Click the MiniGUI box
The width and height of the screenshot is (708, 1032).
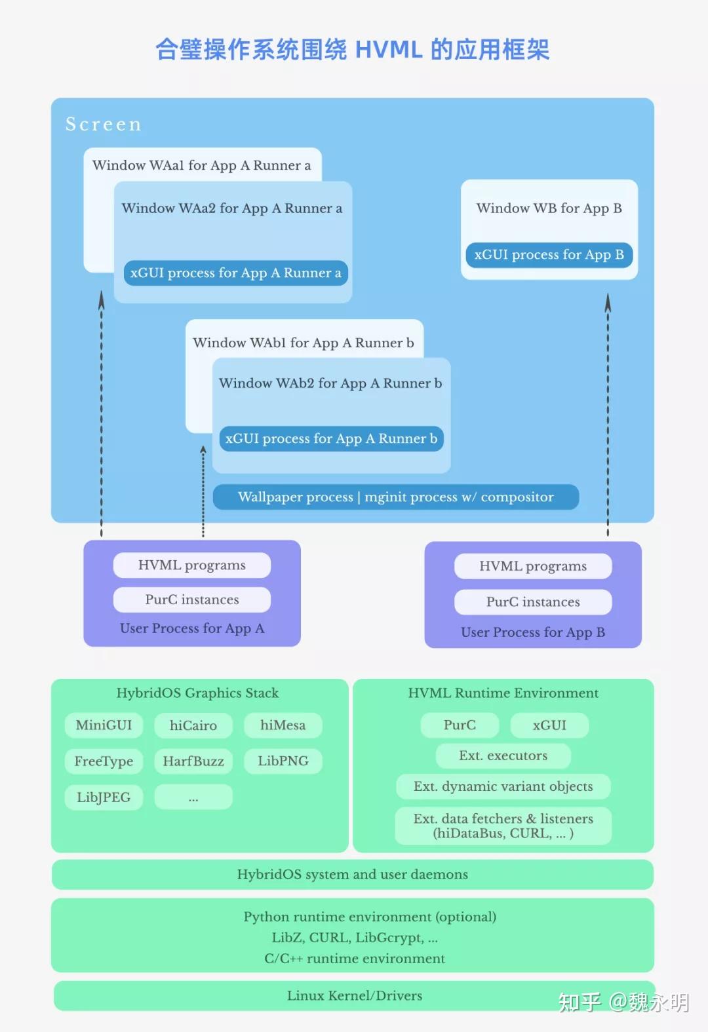[x=104, y=725]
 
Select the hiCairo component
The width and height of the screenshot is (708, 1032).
[x=193, y=725]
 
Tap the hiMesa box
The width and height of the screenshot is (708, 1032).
[x=283, y=725]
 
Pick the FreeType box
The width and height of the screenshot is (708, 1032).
[x=104, y=761]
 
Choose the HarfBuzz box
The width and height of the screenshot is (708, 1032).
[x=193, y=761]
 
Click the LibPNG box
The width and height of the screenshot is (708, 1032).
[x=283, y=761]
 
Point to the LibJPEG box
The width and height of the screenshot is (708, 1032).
[x=104, y=797]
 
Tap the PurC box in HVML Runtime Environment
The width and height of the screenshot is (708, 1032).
[x=460, y=725]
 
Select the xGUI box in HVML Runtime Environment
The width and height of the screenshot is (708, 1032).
[x=549, y=725]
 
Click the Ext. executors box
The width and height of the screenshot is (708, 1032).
[x=503, y=755]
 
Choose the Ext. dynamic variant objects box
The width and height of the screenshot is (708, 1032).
[x=503, y=786]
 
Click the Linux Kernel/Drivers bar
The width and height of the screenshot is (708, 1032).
[x=354, y=996]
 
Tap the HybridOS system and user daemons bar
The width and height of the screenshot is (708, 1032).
[x=353, y=875]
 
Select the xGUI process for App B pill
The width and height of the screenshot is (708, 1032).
[x=549, y=255]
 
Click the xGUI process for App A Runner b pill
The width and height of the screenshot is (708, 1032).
[x=331, y=439]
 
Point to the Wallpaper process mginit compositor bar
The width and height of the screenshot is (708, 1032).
[x=395, y=497]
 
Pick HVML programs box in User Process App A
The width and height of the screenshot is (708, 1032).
[x=191, y=565]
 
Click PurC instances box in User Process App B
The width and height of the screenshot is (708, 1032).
[x=533, y=602]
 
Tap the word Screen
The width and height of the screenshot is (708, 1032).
[x=104, y=124]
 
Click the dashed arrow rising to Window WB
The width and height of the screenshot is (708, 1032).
[x=608, y=413]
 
